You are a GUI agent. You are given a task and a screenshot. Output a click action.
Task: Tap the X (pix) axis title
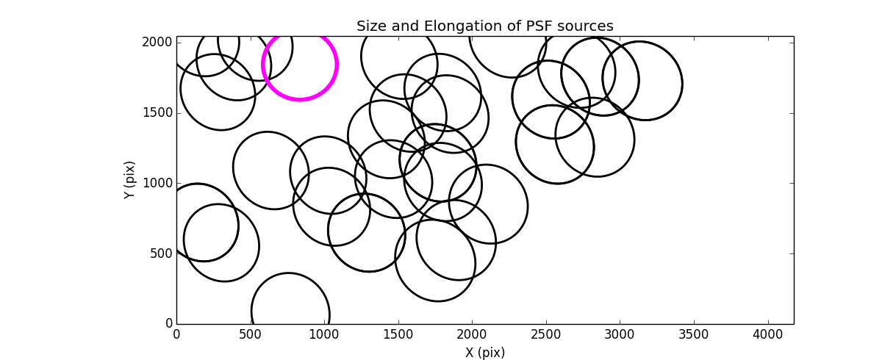click(x=485, y=353)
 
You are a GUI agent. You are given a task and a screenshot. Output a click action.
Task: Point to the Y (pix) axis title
click(x=130, y=180)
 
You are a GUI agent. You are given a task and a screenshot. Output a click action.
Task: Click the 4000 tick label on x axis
click(x=768, y=335)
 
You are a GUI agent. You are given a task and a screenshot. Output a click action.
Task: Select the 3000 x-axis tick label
click(x=620, y=335)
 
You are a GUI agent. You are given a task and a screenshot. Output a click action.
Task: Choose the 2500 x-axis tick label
click(x=546, y=335)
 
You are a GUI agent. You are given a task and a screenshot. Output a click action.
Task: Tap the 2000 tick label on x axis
click(x=472, y=335)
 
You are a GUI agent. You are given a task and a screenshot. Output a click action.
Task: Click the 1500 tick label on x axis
click(x=398, y=335)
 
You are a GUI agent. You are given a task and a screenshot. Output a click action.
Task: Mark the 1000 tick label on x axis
click(x=324, y=335)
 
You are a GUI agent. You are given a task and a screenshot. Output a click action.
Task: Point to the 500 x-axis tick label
click(x=251, y=335)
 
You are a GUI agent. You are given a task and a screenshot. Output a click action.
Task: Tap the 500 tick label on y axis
click(x=161, y=253)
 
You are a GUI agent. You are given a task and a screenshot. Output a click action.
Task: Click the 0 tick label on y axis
click(x=168, y=324)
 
